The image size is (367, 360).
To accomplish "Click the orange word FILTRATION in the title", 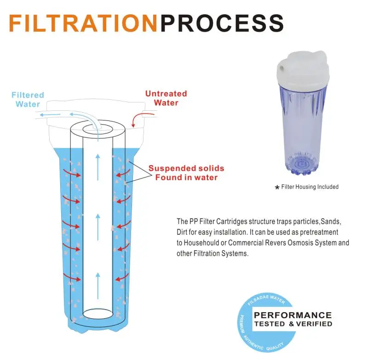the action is tap(83, 23).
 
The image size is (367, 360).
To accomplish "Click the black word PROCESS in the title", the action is tap(222, 23).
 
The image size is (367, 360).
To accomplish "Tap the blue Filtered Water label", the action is tap(28, 99).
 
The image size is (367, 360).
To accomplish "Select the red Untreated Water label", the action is tap(166, 98).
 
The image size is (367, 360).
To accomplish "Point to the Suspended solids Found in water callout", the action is tap(186, 172).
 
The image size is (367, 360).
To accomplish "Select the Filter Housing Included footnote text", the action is tap(310, 187).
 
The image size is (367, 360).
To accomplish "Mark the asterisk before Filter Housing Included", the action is tap(277, 188).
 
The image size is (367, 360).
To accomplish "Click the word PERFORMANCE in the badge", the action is tap(293, 315).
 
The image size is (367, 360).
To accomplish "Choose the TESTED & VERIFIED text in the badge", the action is tap(293, 324).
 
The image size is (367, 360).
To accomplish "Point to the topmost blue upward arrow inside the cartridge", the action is tap(98, 167).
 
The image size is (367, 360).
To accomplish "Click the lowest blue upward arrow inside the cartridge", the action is tap(98, 286).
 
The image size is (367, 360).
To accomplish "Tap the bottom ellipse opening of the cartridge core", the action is tap(98, 314).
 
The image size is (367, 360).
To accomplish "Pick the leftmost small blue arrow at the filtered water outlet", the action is tap(50, 114).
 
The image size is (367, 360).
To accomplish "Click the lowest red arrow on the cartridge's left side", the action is tap(72, 277).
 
